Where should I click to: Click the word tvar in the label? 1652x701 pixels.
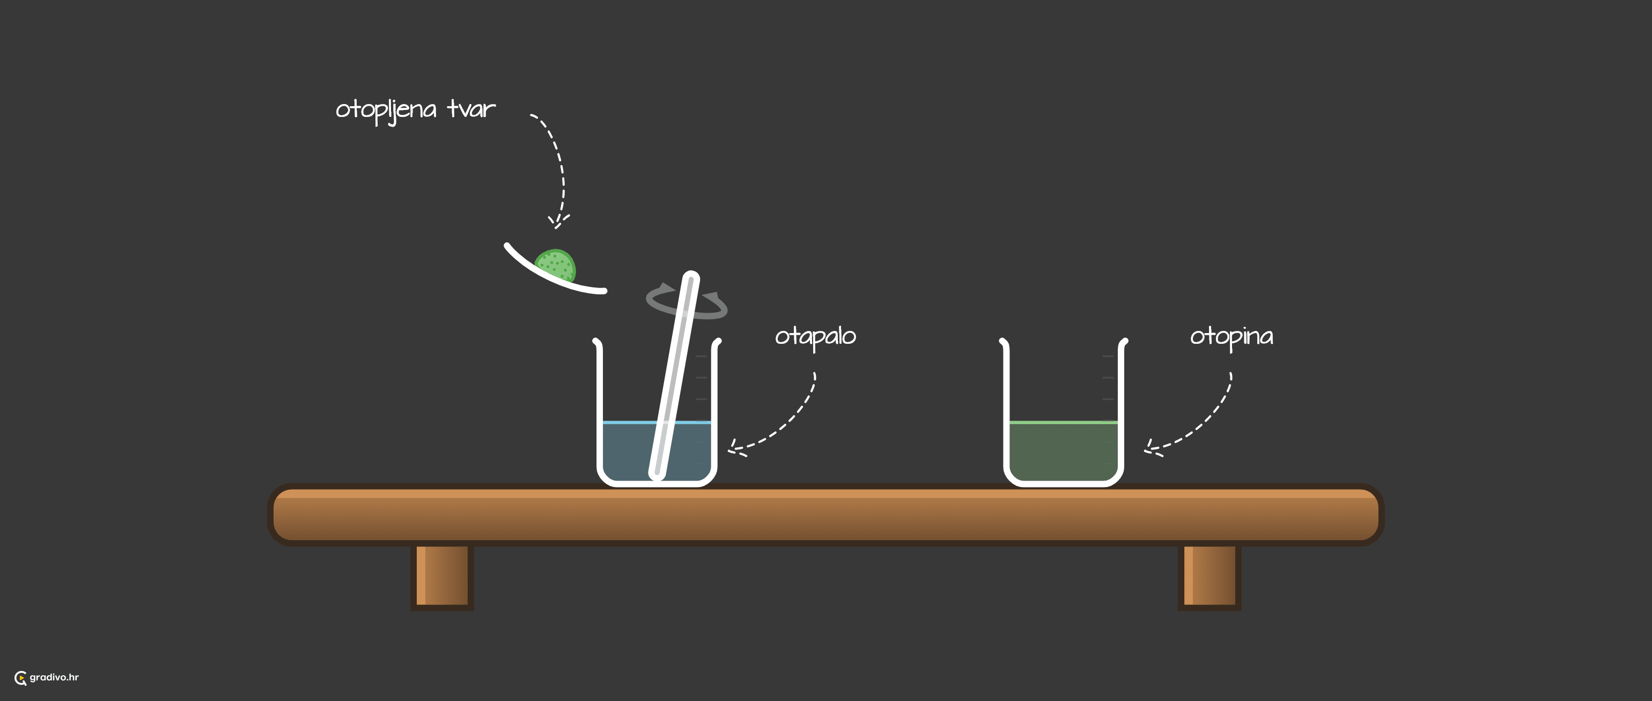(x=471, y=108)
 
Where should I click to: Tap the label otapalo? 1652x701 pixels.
(x=815, y=337)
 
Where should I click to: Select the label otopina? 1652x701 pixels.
(x=1231, y=337)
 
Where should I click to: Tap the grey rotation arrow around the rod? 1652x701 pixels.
(x=686, y=301)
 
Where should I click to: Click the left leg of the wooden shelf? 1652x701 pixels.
(x=442, y=575)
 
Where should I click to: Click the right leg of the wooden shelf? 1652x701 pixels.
(x=1209, y=575)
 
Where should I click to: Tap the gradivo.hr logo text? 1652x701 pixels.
(x=54, y=677)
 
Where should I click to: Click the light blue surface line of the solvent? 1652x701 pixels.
(x=657, y=423)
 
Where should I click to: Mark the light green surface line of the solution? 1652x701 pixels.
(x=1063, y=423)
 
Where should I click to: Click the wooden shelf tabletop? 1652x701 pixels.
(x=825, y=515)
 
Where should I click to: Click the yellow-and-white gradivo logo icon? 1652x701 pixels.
(x=20, y=678)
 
